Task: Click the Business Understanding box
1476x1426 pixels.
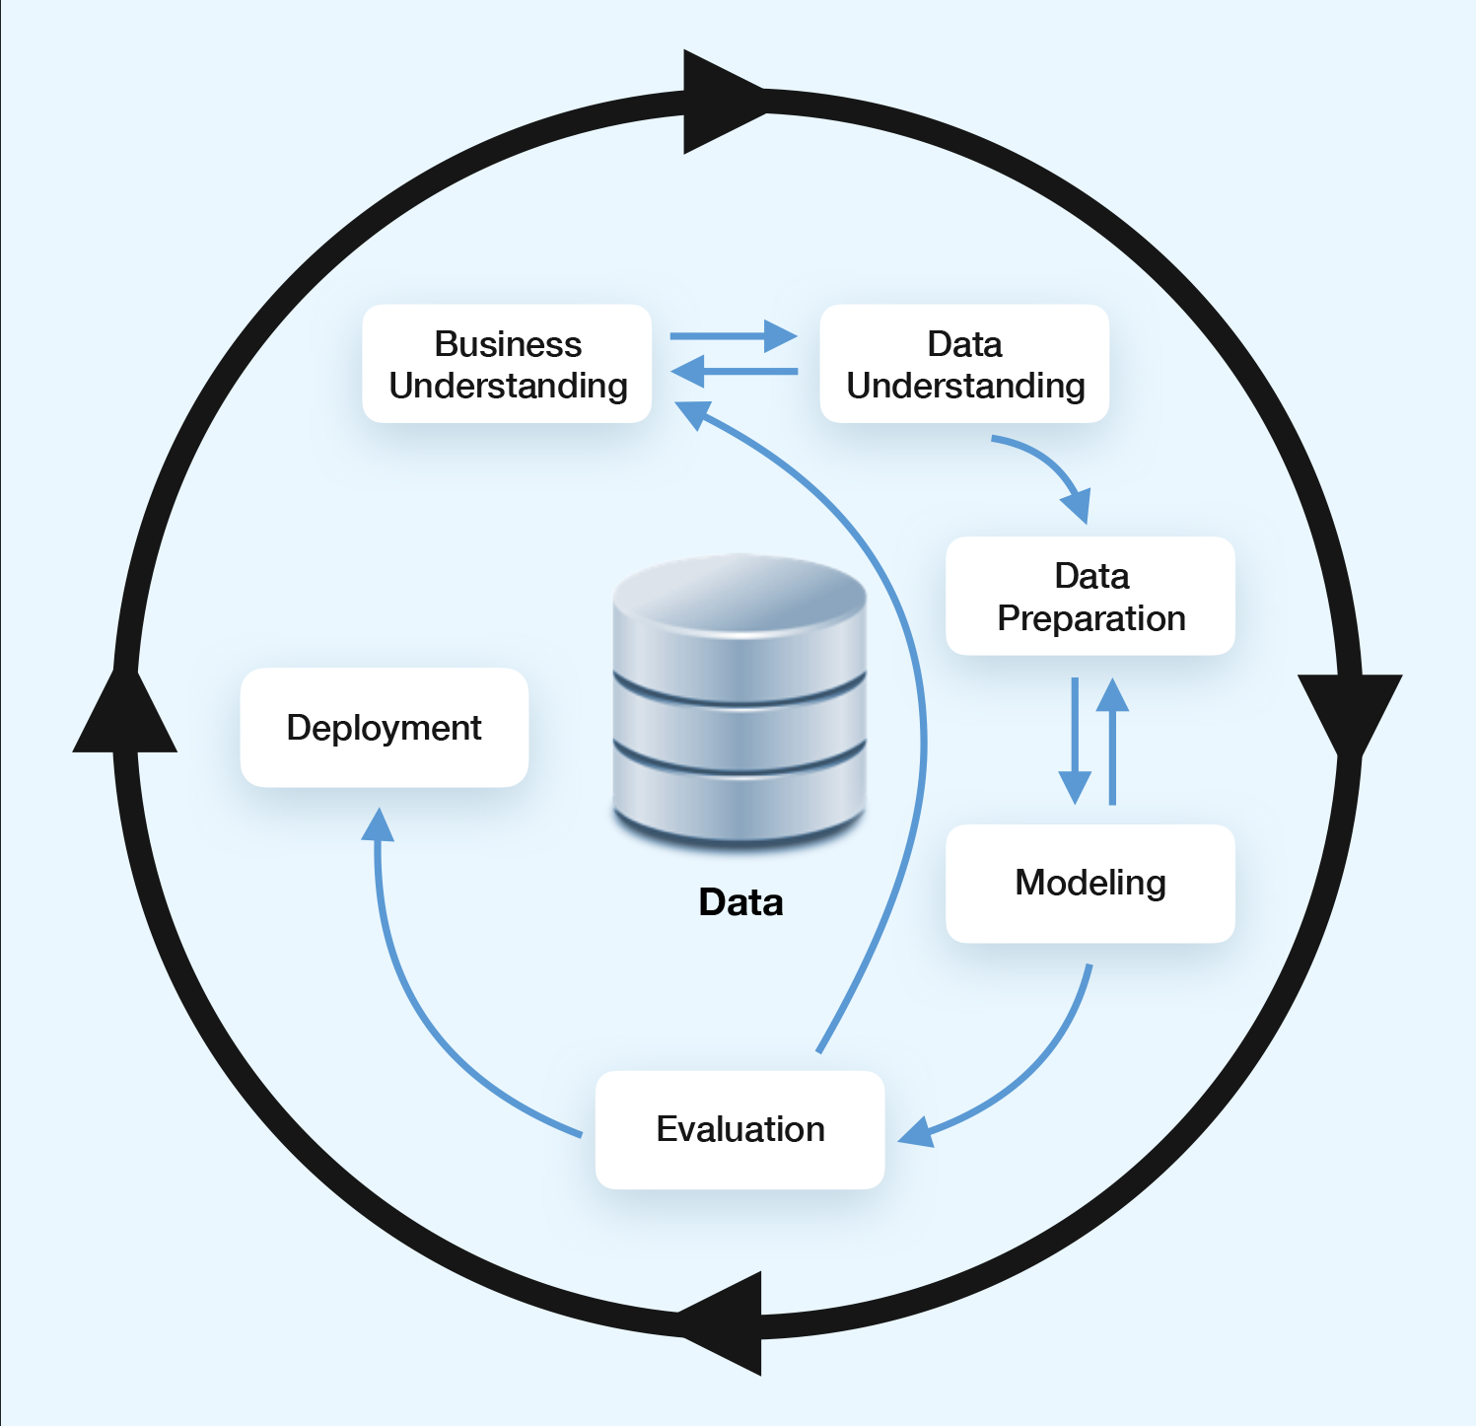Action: tap(507, 364)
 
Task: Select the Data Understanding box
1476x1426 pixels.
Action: tap(964, 364)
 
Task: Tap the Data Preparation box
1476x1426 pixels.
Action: tap(1090, 597)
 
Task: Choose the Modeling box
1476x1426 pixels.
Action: tap(1090, 883)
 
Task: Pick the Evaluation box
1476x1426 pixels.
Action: tap(739, 1129)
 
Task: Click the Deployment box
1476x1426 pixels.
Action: tap(385, 728)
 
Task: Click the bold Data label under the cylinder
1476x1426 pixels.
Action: tap(740, 902)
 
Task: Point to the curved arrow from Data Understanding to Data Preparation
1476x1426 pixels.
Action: tap(1050, 468)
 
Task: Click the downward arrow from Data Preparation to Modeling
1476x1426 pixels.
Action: tap(1075, 740)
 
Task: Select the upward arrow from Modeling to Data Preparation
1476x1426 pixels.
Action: tap(1112, 740)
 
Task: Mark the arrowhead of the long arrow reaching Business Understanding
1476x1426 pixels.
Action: tap(694, 413)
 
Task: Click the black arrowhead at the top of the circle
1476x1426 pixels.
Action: tap(720, 103)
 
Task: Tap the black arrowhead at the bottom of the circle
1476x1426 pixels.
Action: tap(725, 1322)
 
